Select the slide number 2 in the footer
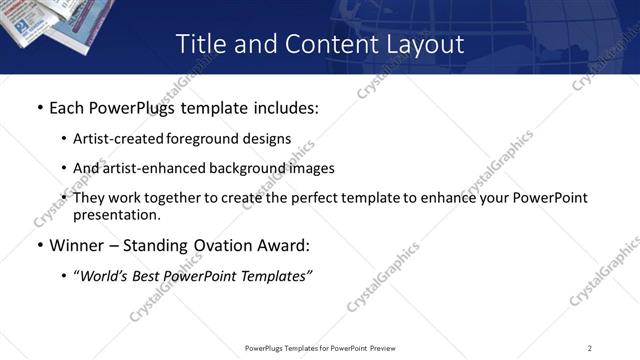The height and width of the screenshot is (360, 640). click(590, 348)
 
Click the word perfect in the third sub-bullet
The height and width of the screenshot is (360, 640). click(317, 198)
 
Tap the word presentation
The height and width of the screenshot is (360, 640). click(115, 214)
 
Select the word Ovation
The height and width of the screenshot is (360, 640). click(219, 245)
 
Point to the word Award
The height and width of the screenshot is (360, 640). click(284, 245)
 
